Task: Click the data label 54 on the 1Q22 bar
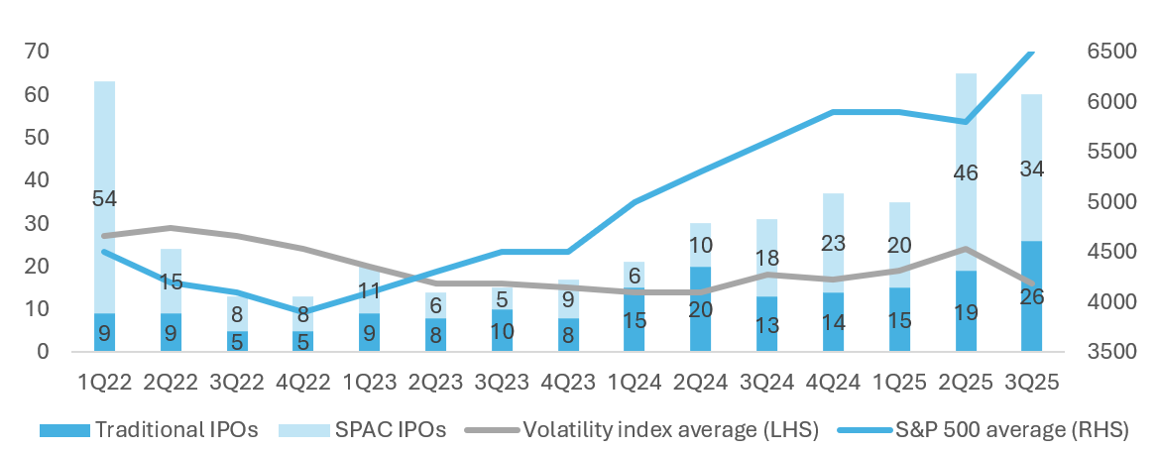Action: point(104,199)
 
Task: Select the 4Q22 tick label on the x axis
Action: point(303,383)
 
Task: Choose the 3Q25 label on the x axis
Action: point(1034,383)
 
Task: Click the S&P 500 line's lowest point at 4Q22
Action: point(303,311)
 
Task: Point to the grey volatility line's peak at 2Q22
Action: point(171,228)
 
